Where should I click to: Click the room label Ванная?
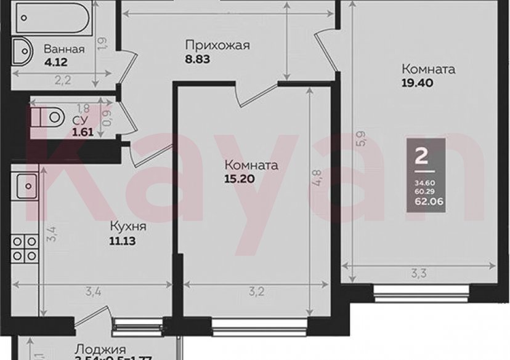(64, 49)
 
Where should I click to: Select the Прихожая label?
(217, 44)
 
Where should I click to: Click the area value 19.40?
(416, 82)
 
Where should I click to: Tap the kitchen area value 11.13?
(123, 241)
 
